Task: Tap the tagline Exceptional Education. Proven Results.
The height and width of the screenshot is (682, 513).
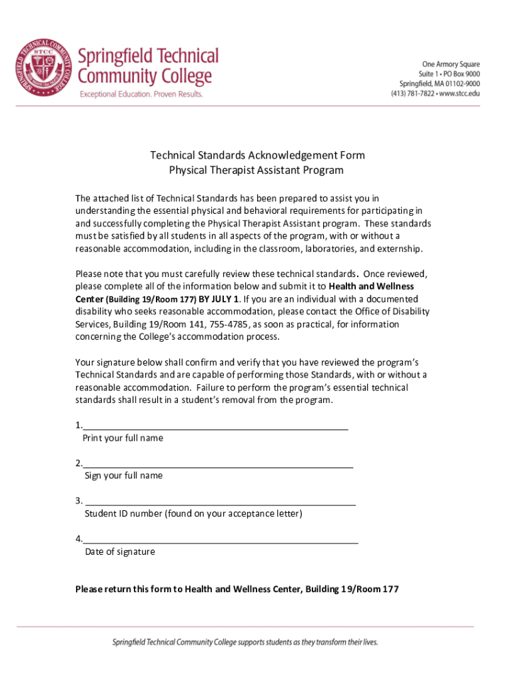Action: tap(141, 94)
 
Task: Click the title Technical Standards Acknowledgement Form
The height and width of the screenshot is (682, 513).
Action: tap(256, 155)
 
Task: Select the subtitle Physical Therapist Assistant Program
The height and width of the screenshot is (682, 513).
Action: tap(256, 170)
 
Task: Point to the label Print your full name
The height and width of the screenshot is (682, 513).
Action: tap(123, 438)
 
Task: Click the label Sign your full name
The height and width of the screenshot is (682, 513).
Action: tap(123, 476)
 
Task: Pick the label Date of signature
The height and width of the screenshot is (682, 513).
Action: tap(120, 551)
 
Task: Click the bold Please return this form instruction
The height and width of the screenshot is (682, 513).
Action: tap(237, 589)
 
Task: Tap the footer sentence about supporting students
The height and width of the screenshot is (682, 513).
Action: tap(245, 643)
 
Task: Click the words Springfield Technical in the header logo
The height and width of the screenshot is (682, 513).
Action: tap(149, 55)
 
